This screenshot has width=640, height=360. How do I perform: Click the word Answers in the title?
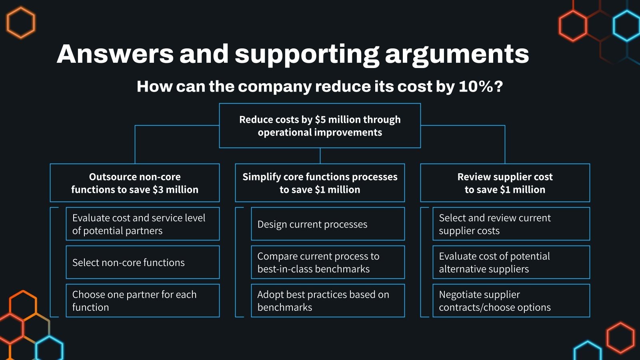coord(115,54)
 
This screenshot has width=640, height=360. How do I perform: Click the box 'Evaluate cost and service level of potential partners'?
coord(142,224)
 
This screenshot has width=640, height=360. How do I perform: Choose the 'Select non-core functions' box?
coord(142,262)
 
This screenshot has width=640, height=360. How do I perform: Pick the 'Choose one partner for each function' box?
coord(142,301)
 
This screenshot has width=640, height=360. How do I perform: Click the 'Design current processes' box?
coord(328,224)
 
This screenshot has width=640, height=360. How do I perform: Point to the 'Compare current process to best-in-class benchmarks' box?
coord(328,262)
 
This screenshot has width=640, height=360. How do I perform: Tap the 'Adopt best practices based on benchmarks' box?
coord(328,301)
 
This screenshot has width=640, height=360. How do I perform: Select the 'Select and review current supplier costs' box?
coord(511,224)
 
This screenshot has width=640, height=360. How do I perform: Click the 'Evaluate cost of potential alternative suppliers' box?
coord(511,262)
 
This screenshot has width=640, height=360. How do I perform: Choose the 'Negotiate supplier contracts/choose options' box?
coord(511,301)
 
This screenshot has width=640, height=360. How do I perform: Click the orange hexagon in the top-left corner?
coord(21,23)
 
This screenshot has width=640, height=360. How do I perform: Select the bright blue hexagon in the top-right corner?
coord(627,26)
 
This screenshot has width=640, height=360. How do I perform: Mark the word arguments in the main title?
coord(457,54)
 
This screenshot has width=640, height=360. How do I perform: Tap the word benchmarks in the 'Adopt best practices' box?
coord(285,307)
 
